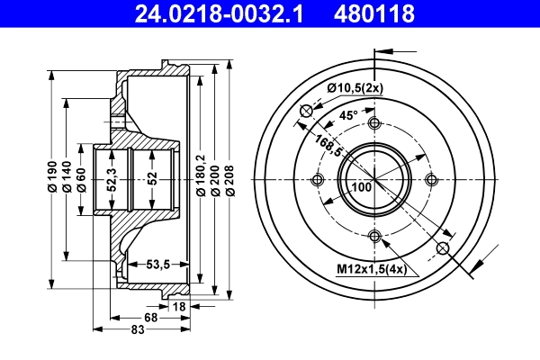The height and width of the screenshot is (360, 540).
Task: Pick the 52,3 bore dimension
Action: coord(112,180)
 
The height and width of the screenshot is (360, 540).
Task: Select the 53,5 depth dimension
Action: coord(160,263)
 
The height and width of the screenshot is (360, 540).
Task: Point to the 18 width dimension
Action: coord(179,307)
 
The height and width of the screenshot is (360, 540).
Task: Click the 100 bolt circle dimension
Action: coord(361,187)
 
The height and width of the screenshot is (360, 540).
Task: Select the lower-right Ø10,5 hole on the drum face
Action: coord(442,247)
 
